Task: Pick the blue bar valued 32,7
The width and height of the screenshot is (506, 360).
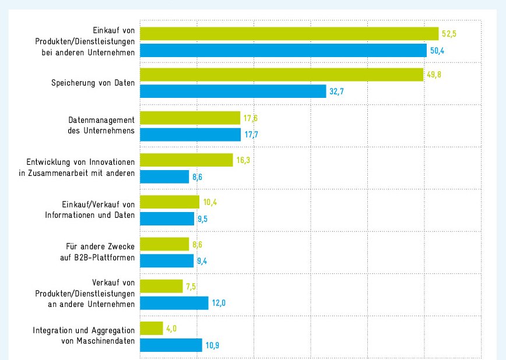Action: pyautogui.click(x=233, y=91)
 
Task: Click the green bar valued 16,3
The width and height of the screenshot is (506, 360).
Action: pyautogui.click(x=187, y=160)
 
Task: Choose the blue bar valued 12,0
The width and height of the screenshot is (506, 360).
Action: pyautogui.click(x=174, y=303)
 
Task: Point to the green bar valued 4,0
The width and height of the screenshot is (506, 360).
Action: pyautogui.click(x=152, y=329)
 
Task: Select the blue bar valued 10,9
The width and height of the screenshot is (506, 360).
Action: pyautogui.click(x=171, y=345)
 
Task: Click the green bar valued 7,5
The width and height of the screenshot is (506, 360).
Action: pyautogui.click(x=161, y=286)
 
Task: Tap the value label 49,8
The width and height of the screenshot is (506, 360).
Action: pyautogui.click(x=434, y=75)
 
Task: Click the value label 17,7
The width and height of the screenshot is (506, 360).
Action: pyautogui.click(x=252, y=135)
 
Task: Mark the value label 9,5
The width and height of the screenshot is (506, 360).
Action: pyautogui.click(x=203, y=220)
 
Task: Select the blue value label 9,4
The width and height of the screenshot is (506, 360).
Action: pyautogui.click(x=202, y=262)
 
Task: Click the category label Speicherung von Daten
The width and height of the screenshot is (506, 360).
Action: pyautogui.click(x=93, y=83)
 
